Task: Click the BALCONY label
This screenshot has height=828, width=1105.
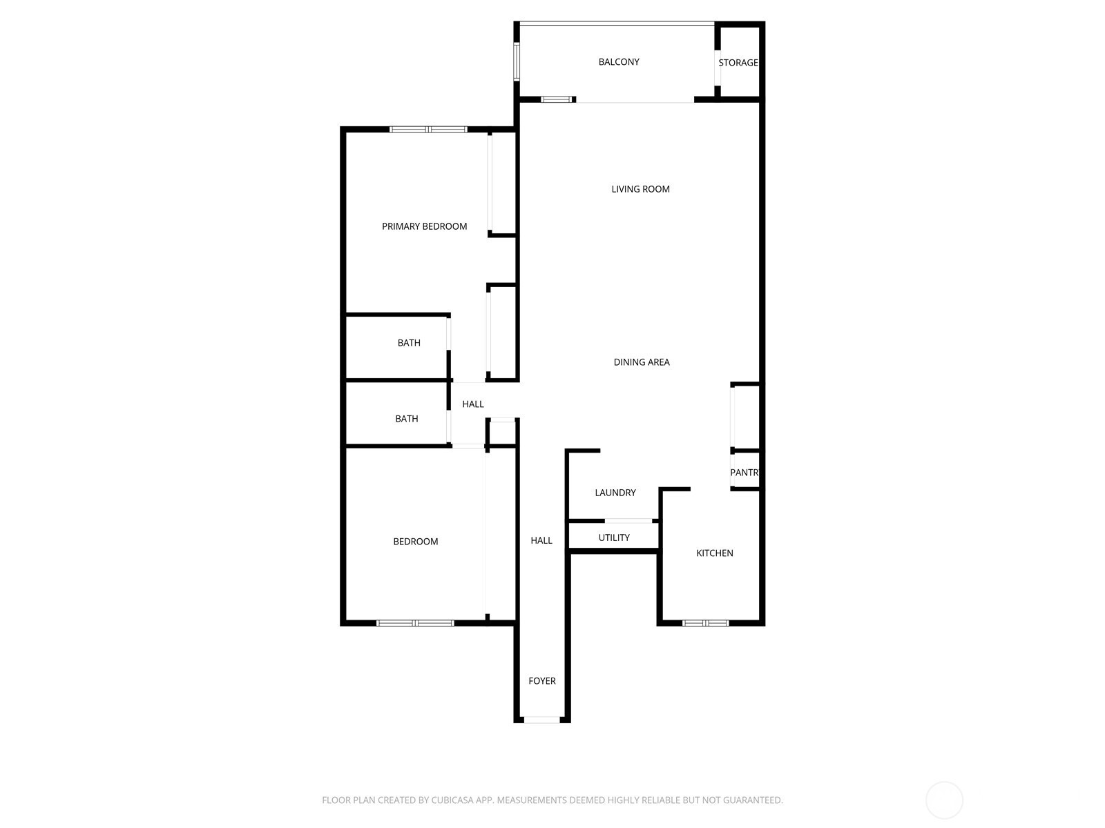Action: pyautogui.click(x=618, y=62)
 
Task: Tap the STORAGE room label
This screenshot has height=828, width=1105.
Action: pyautogui.click(x=738, y=63)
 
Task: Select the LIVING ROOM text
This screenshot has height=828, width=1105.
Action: pyautogui.click(x=640, y=189)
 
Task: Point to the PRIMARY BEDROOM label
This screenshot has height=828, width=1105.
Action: pyautogui.click(x=424, y=226)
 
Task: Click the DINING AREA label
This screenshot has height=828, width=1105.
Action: pyautogui.click(x=642, y=362)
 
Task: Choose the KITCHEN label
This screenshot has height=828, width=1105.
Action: pyautogui.click(x=714, y=553)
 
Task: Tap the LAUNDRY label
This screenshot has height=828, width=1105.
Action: pyautogui.click(x=615, y=493)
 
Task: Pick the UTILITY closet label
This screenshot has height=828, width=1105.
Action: pyautogui.click(x=614, y=538)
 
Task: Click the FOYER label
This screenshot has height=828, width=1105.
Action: pyautogui.click(x=541, y=681)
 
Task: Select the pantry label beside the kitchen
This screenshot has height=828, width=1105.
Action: pyautogui.click(x=744, y=473)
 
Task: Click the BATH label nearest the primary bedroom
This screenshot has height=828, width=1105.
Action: pyautogui.click(x=409, y=343)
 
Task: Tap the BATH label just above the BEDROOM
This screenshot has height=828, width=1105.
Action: pyautogui.click(x=406, y=419)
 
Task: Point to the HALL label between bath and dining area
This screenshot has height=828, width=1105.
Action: pyautogui.click(x=472, y=404)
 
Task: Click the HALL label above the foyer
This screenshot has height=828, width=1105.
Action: pyautogui.click(x=541, y=540)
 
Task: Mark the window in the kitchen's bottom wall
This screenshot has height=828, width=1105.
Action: pyautogui.click(x=705, y=623)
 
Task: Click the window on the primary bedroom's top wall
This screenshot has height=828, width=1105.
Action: pyautogui.click(x=428, y=130)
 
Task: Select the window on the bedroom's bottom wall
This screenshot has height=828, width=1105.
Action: pyautogui.click(x=415, y=623)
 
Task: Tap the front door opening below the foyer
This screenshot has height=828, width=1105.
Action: pyautogui.click(x=541, y=720)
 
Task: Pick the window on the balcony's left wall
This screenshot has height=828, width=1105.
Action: pyautogui.click(x=516, y=62)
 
